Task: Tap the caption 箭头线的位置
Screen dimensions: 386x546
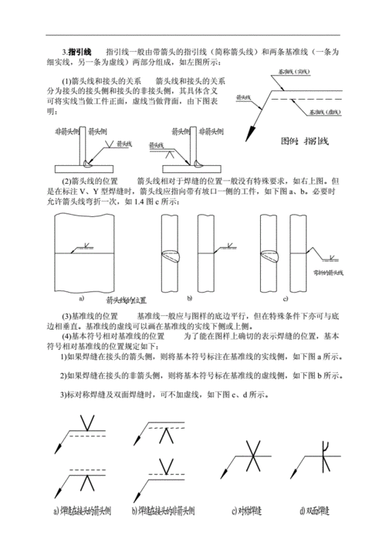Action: coord(127,300)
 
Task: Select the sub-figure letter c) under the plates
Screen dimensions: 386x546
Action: coord(285,297)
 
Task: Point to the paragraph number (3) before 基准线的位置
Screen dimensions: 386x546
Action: coord(67,317)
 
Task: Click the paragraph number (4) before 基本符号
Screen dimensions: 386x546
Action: coord(67,337)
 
